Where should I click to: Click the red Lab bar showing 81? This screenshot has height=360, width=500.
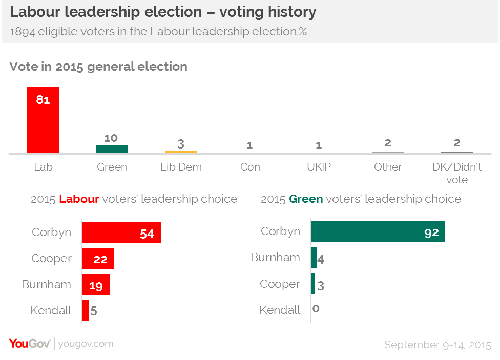(x=43, y=120)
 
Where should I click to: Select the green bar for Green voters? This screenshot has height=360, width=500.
(x=112, y=149)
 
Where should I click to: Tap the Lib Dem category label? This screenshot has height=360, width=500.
(x=181, y=167)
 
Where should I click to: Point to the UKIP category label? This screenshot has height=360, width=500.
(x=319, y=167)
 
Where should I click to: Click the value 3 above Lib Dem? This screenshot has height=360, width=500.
(x=181, y=144)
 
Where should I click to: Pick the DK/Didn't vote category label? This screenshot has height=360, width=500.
(x=457, y=173)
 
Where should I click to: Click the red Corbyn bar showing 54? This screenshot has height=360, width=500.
(x=121, y=232)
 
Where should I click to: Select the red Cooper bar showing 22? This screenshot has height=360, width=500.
(x=98, y=258)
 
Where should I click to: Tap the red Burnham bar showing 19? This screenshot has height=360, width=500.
(x=96, y=284)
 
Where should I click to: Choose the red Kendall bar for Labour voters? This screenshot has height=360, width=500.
(x=86, y=310)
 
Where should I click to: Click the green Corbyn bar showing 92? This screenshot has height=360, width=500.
(x=378, y=231)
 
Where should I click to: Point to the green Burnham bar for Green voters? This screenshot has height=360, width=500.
(x=314, y=257)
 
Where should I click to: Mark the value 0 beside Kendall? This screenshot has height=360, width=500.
(x=316, y=309)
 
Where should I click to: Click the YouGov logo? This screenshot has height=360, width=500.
(x=30, y=344)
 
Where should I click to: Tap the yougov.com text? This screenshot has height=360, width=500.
(x=86, y=344)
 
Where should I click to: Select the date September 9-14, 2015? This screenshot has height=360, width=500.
(x=438, y=345)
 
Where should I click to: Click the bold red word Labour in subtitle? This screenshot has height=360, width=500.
(x=79, y=199)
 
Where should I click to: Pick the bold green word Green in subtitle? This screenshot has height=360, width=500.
(x=306, y=199)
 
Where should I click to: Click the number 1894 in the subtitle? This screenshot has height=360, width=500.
(x=23, y=32)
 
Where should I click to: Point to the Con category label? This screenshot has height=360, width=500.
(x=250, y=167)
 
